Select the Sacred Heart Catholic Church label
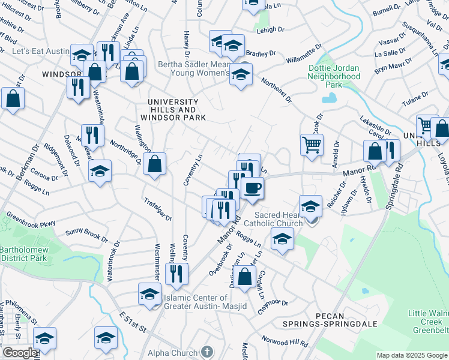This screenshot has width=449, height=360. [277, 219]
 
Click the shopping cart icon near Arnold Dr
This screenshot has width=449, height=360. [312, 145]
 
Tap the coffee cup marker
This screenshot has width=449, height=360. [252, 188]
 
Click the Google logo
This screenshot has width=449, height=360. [19, 353]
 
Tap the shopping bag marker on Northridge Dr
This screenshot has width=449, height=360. [155, 163]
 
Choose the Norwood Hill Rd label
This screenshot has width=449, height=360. [285, 340]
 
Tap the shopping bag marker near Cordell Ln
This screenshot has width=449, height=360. [245, 277]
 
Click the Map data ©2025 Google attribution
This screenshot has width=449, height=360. [412, 355]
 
